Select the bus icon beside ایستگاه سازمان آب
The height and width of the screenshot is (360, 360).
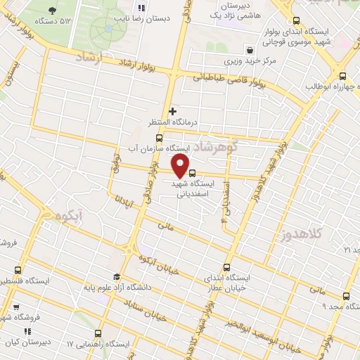coord(159,138)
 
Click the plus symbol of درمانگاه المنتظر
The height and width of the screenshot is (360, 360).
coord(173,111)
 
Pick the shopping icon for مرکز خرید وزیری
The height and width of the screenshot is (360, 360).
coord(250,50)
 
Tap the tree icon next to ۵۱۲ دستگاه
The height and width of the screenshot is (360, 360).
coord(53,11)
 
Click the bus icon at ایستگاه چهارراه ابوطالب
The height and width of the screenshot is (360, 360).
coord(342,76)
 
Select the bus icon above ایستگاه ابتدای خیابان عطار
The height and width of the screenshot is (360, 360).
coord(226,267)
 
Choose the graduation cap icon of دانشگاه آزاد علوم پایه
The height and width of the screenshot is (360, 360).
coord(116,276)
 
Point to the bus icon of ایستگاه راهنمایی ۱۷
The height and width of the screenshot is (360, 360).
coord(98,333)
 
